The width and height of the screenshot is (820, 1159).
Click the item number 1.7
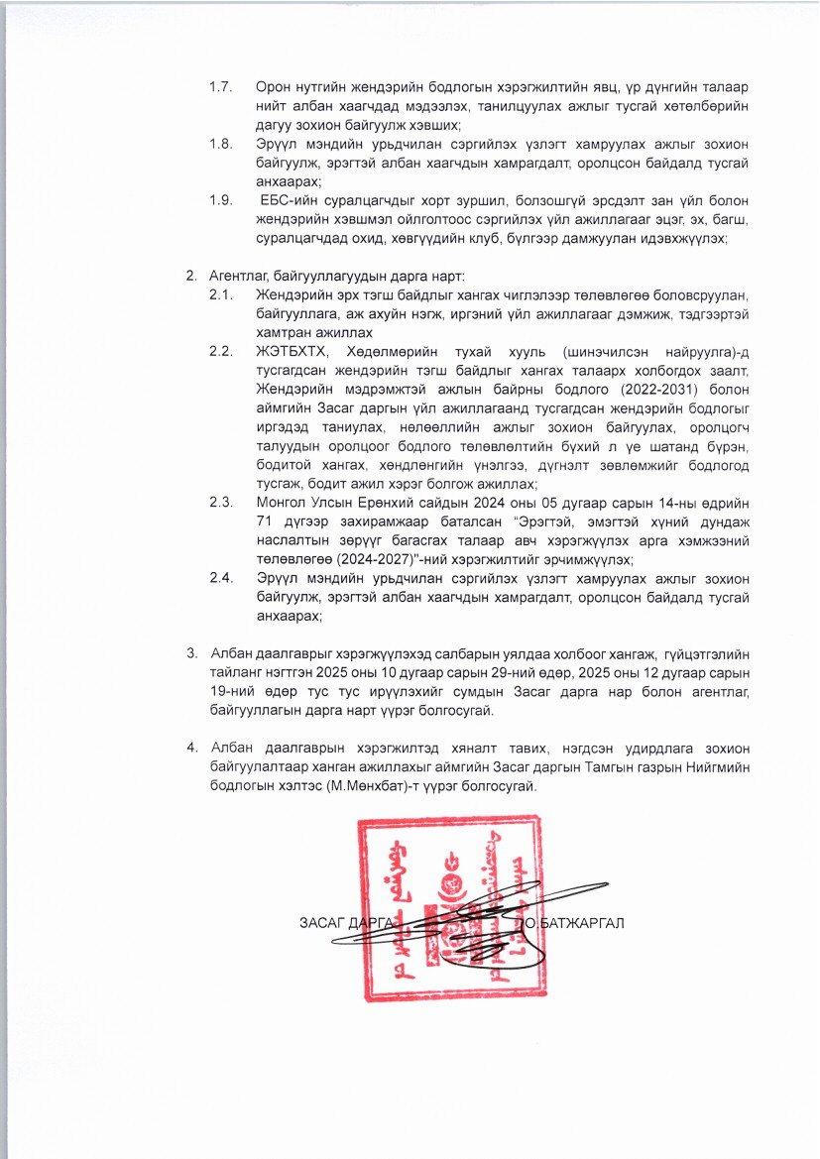[220, 87]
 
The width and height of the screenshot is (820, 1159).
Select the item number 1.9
[220, 200]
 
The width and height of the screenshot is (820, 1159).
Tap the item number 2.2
[220, 351]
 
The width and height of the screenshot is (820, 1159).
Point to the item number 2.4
[220, 577]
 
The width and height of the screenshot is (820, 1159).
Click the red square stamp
[449, 906]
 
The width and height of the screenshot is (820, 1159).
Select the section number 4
[191, 749]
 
